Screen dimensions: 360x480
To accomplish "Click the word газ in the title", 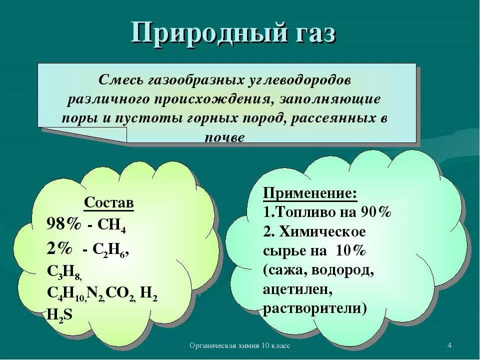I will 309,34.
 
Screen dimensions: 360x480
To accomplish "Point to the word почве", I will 224,138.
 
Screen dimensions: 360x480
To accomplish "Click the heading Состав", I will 108,203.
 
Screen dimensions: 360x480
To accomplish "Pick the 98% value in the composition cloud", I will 63,224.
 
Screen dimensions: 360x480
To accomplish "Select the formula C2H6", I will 113,249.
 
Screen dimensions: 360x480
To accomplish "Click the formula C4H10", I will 66,293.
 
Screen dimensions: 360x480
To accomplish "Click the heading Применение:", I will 310,193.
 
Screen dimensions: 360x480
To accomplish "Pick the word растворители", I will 314,308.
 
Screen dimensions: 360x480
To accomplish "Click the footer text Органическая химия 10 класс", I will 240,346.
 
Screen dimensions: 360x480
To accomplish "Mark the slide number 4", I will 449,346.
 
